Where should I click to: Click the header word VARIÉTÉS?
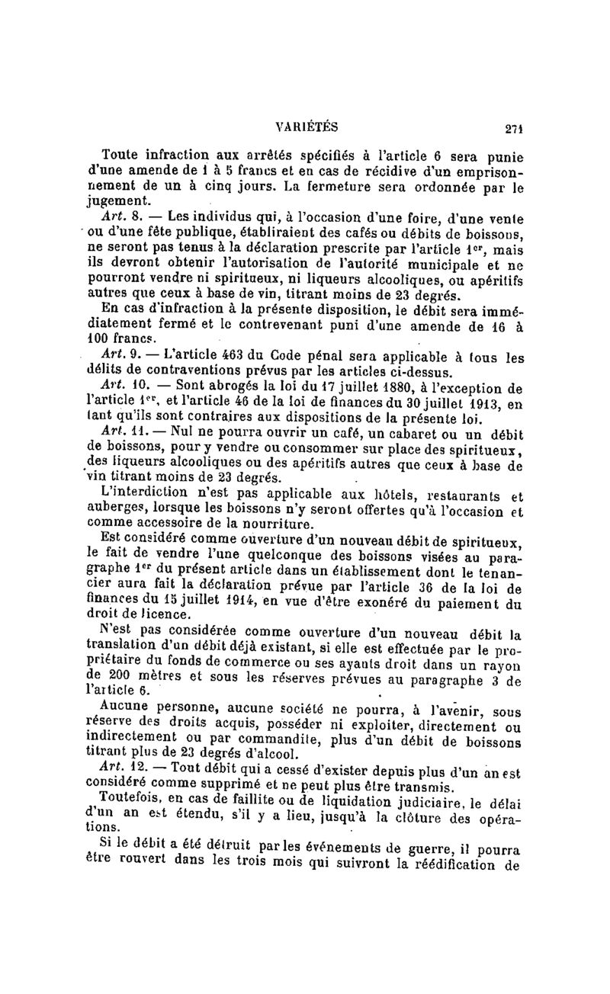(x=307, y=127)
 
